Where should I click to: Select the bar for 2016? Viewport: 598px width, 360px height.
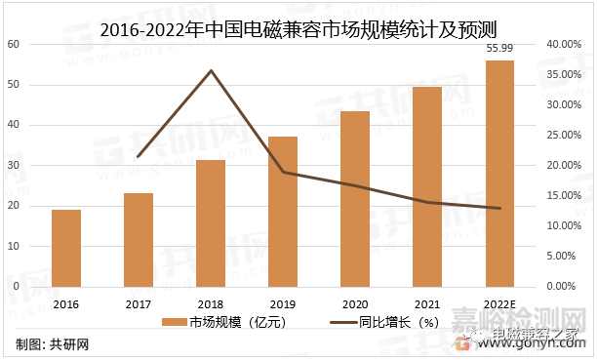(x=66, y=248)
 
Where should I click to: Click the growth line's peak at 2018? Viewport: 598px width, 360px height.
(x=211, y=70)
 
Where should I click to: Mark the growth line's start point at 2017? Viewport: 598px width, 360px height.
(x=139, y=156)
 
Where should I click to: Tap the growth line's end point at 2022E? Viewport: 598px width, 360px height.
(x=499, y=208)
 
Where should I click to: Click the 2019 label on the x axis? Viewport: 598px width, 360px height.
(x=283, y=303)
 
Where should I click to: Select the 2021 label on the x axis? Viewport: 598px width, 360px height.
(x=427, y=303)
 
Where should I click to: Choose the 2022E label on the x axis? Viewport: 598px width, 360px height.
(x=499, y=303)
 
